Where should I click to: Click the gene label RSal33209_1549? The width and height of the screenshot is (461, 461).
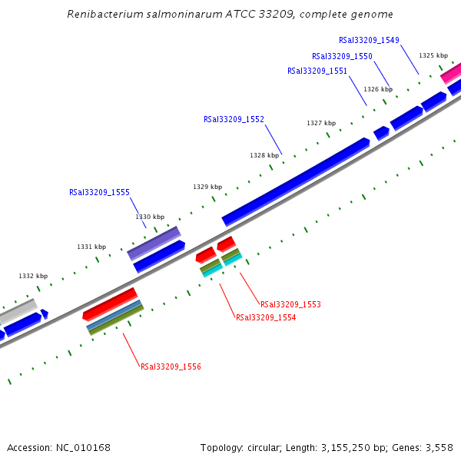(369, 40)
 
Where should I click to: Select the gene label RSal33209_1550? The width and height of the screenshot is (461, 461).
(342, 56)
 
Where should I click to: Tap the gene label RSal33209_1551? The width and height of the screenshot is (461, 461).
(317, 71)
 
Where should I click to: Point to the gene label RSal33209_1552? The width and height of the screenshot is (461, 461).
(234, 119)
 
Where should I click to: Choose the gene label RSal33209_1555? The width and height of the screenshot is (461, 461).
(99, 193)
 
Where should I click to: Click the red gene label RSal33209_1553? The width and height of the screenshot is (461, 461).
(290, 304)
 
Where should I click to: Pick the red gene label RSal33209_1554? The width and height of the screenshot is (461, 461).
(266, 317)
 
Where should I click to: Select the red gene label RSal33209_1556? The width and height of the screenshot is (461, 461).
(171, 366)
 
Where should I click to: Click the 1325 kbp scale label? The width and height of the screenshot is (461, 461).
(433, 55)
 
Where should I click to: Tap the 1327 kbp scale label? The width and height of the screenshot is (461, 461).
(321, 123)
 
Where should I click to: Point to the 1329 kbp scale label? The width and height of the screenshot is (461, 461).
(207, 187)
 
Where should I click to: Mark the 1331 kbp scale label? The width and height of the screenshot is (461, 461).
(91, 247)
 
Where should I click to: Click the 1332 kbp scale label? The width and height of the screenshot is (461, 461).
(33, 276)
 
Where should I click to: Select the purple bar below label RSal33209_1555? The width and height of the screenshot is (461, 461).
(154, 243)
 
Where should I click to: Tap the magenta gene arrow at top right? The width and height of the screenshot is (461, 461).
(451, 74)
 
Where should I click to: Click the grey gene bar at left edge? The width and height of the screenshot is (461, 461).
(18, 311)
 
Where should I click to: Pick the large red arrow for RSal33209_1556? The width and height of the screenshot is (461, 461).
(110, 303)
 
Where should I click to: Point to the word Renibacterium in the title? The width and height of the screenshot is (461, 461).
(103, 14)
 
